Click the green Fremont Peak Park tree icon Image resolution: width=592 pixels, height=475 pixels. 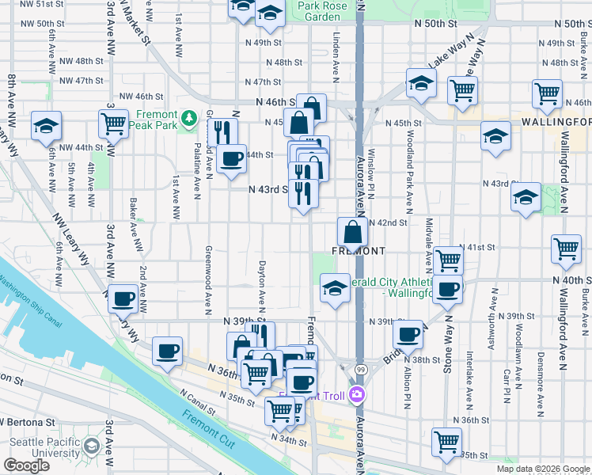[x=188, y=119]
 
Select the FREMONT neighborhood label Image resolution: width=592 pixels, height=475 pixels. [x=358, y=250]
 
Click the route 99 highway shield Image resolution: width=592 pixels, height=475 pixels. [x=360, y=370]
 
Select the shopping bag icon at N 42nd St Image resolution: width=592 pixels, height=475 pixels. [x=352, y=232]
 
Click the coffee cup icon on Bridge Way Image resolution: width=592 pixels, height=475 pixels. [x=408, y=334]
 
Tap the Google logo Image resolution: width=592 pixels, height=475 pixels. [x=26, y=466]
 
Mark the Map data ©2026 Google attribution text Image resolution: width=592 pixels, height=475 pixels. [x=543, y=469]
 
